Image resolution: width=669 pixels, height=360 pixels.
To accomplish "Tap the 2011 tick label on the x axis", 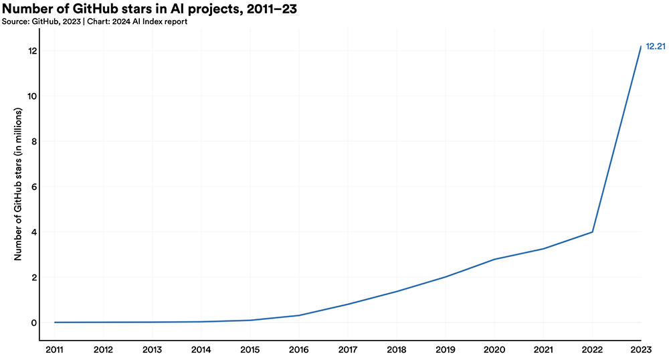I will [54, 349].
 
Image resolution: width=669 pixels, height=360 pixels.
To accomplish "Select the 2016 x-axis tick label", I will [298, 349].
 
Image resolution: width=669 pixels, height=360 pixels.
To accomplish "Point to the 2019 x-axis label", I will [446, 349].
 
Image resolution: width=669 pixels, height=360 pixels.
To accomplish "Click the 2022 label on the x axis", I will [592, 349].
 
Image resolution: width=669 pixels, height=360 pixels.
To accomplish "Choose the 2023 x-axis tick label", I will [641, 349].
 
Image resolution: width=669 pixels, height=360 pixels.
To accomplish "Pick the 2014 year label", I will [201, 349].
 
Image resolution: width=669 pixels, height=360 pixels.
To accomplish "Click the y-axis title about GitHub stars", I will [19, 187].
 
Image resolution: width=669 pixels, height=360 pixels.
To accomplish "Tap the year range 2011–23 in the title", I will [262, 9].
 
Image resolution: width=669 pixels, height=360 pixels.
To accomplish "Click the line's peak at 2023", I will [641, 46].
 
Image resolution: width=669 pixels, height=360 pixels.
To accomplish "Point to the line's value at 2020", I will [494, 259].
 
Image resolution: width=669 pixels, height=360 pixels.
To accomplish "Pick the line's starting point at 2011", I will [54, 322].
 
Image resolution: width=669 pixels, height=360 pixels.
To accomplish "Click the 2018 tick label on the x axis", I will [397, 349].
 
